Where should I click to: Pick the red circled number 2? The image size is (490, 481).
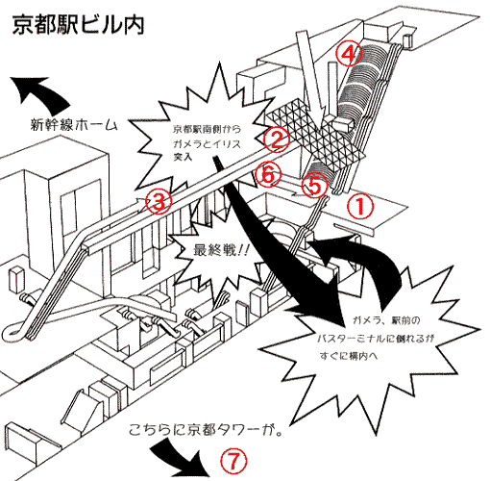pos(275,141)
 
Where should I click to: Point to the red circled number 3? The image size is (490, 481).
pos(159,201)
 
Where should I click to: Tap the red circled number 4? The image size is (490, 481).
pos(349,50)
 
